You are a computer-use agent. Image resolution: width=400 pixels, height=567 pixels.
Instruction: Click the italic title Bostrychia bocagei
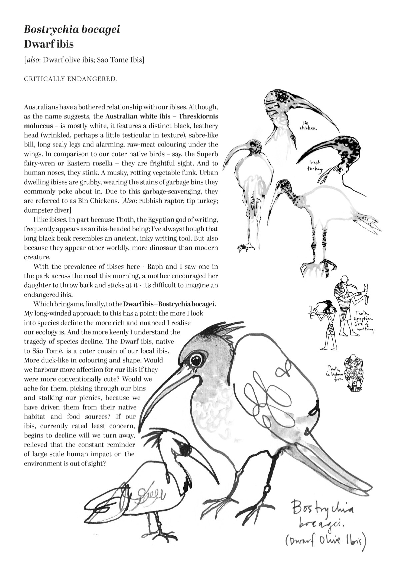click(72, 30)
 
